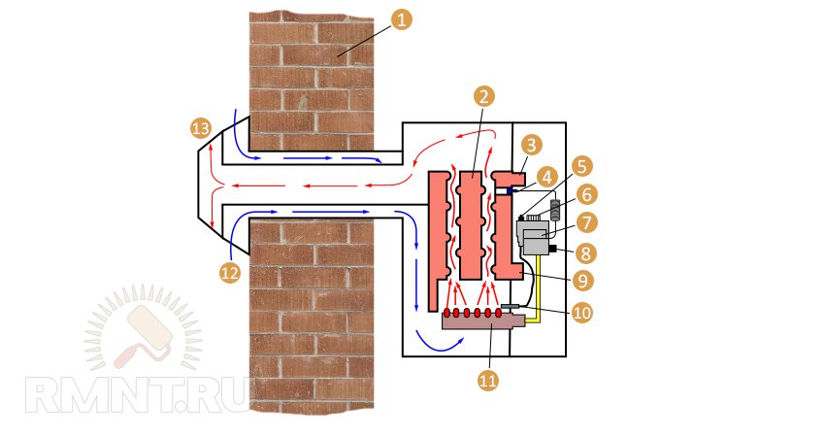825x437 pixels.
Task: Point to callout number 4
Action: point(550,178)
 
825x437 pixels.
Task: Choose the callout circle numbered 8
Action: point(585,252)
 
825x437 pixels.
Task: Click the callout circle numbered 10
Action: point(582,313)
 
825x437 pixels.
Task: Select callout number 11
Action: point(487,380)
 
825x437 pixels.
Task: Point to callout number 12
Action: point(229,274)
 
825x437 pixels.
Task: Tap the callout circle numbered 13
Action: point(202,128)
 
